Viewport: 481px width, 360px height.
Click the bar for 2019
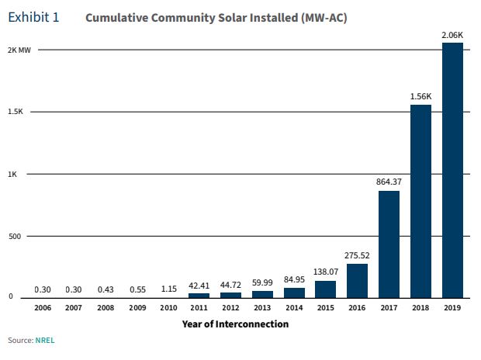pyautogui.click(x=452, y=170)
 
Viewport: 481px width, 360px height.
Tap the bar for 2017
pyautogui.click(x=389, y=244)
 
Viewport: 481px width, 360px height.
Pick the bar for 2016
pyautogui.click(x=357, y=280)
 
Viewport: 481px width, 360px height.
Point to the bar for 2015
pyautogui.click(x=326, y=289)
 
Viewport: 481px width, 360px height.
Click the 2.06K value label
pyautogui.click(x=452, y=34)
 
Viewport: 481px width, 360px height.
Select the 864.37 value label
pyautogui.click(x=389, y=182)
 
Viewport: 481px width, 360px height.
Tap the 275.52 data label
pyautogui.click(x=357, y=255)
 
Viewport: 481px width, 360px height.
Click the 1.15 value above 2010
pyautogui.click(x=168, y=289)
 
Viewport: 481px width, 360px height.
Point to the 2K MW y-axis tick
pyautogui.click(x=19, y=50)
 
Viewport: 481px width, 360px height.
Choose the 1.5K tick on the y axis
pyautogui.click(x=16, y=112)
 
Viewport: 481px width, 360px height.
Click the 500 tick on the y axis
pyautogui.click(x=16, y=236)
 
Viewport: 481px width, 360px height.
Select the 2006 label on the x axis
pyautogui.click(x=43, y=309)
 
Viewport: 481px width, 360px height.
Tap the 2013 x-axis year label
pyautogui.click(x=262, y=309)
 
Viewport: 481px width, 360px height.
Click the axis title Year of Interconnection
pyautogui.click(x=235, y=324)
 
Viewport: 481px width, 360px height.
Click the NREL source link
pyautogui.click(x=46, y=341)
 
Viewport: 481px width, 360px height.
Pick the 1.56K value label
pyautogui.click(x=420, y=96)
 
